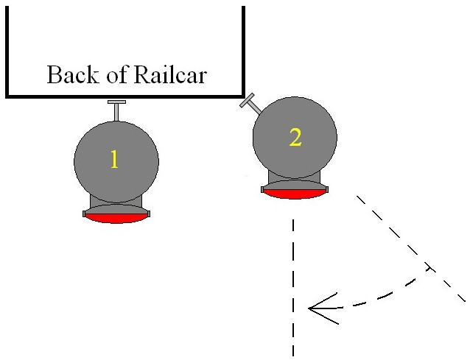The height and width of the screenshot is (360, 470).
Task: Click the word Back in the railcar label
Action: (x=69, y=75)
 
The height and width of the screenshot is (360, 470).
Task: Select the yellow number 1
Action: (x=114, y=160)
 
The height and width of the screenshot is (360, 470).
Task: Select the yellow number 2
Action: (x=295, y=137)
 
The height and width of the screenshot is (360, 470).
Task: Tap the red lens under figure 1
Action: (x=116, y=218)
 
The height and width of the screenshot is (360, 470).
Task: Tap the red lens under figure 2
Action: (x=295, y=194)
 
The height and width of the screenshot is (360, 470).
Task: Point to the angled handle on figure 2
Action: (x=250, y=104)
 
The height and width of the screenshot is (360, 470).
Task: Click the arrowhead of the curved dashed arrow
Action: (x=315, y=308)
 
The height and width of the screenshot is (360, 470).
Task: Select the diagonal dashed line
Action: (x=398, y=236)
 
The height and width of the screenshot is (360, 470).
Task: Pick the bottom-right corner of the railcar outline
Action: (x=243, y=95)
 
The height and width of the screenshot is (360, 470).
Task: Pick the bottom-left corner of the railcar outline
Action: (x=7, y=95)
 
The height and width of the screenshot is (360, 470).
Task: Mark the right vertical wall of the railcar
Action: (x=243, y=44)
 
